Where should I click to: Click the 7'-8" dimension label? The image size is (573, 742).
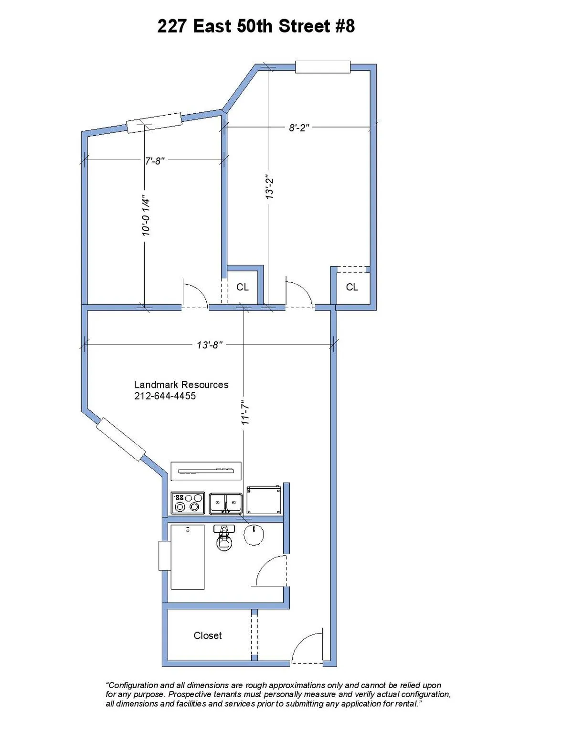pyautogui.click(x=155, y=161)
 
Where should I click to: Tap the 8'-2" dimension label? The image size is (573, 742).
pyautogui.click(x=299, y=128)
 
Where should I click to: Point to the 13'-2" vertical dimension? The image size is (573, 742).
pyautogui.click(x=270, y=187)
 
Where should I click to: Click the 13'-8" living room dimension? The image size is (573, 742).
pyautogui.click(x=210, y=344)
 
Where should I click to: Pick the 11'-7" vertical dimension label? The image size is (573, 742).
pyautogui.click(x=245, y=412)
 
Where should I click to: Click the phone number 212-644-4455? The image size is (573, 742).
pyautogui.click(x=165, y=396)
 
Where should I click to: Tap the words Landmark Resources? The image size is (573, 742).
pyautogui.click(x=181, y=385)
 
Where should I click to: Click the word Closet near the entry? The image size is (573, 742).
pyautogui.click(x=208, y=635)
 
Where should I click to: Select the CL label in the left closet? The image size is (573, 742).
pyautogui.click(x=243, y=287)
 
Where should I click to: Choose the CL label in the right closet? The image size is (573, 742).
pyautogui.click(x=352, y=287)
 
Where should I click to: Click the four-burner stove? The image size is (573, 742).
pyautogui.click(x=188, y=503)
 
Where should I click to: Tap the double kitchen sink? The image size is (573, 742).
pyautogui.click(x=226, y=503)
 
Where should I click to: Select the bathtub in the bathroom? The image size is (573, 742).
pyautogui.click(x=188, y=557)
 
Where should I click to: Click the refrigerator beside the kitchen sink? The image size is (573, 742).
pyautogui.click(x=263, y=500)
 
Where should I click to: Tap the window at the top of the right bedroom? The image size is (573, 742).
pyautogui.click(x=323, y=67)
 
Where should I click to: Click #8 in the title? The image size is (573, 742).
pyautogui.click(x=345, y=26)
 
